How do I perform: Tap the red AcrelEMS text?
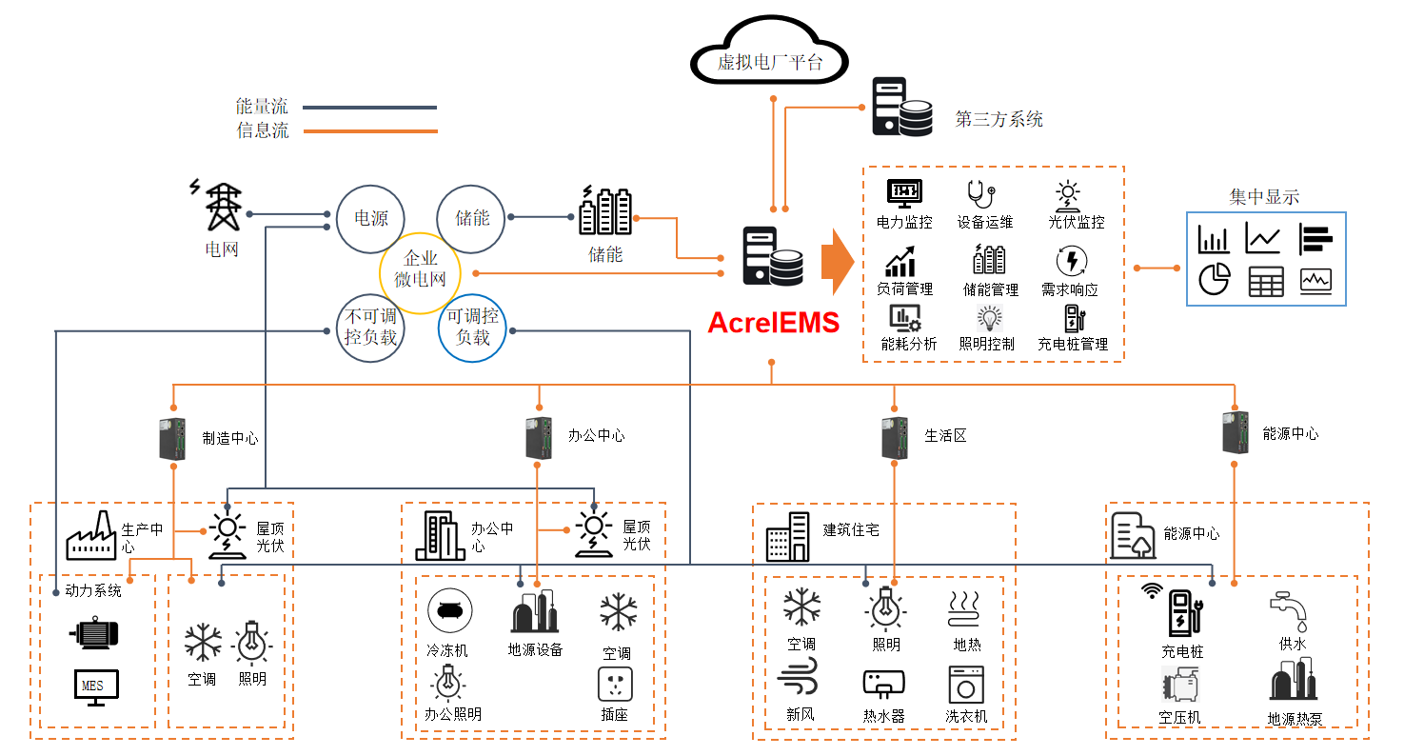point(773,323)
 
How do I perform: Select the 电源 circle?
point(370,218)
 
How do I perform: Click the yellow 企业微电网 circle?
point(421,273)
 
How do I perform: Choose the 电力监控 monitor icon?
point(903,193)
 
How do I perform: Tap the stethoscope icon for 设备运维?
point(980,193)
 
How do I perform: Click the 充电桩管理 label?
point(1073,345)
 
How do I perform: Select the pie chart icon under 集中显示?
point(1214,280)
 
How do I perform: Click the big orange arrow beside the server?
point(837,261)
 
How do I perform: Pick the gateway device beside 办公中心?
point(539,438)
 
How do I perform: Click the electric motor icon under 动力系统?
point(95,633)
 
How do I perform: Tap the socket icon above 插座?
point(615,685)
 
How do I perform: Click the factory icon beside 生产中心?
point(91,535)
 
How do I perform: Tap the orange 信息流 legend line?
point(370,131)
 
